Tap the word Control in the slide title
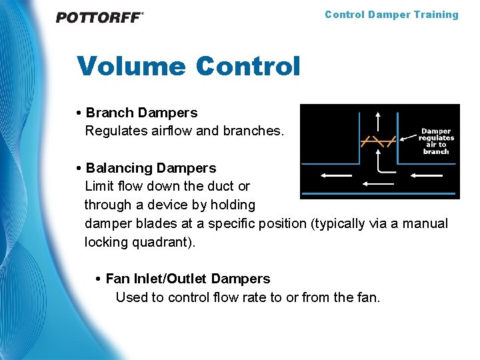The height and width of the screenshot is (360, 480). [x=248, y=66]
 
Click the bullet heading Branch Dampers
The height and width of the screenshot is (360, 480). [x=141, y=113]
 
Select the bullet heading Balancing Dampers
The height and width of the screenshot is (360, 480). [x=151, y=168]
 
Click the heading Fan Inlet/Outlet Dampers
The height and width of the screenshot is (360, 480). [x=187, y=279]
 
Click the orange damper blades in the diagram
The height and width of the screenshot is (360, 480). [x=378, y=141]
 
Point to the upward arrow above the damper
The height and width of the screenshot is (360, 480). [x=378, y=122]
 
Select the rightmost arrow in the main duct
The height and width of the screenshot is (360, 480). [x=425, y=175]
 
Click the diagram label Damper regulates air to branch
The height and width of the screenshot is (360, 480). [x=436, y=141]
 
